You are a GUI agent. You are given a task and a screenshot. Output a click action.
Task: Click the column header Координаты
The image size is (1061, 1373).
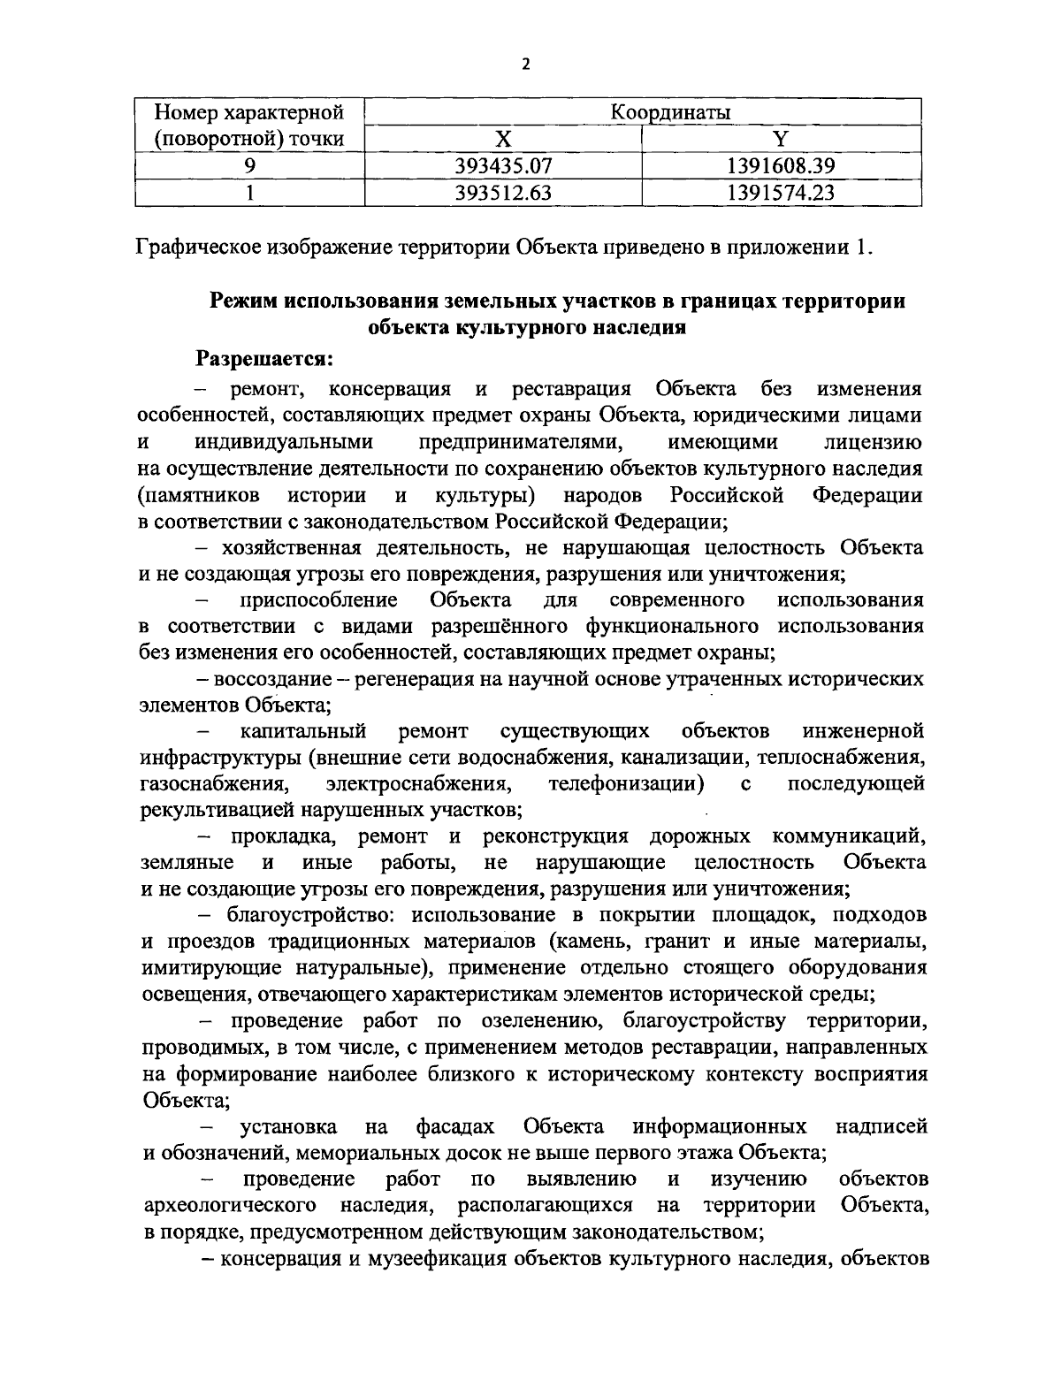[x=643, y=112]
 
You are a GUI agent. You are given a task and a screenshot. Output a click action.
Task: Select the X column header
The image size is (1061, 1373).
[x=502, y=139]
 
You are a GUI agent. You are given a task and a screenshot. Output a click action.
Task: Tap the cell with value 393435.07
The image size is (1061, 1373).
[x=503, y=165]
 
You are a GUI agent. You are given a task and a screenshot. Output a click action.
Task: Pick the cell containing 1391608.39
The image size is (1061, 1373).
[x=782, y=165]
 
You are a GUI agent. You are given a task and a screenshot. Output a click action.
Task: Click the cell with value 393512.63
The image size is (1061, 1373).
[x=503, y=192]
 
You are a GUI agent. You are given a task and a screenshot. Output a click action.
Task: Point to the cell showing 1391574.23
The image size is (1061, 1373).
[x=782, y=192]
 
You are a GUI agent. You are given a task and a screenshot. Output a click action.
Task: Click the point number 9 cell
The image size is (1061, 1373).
[x=250, y=165]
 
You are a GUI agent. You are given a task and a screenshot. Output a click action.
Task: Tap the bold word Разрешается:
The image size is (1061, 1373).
[x=264, y=359]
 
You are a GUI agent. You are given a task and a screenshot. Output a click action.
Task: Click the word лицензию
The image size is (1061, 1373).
[x=872, y=441]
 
